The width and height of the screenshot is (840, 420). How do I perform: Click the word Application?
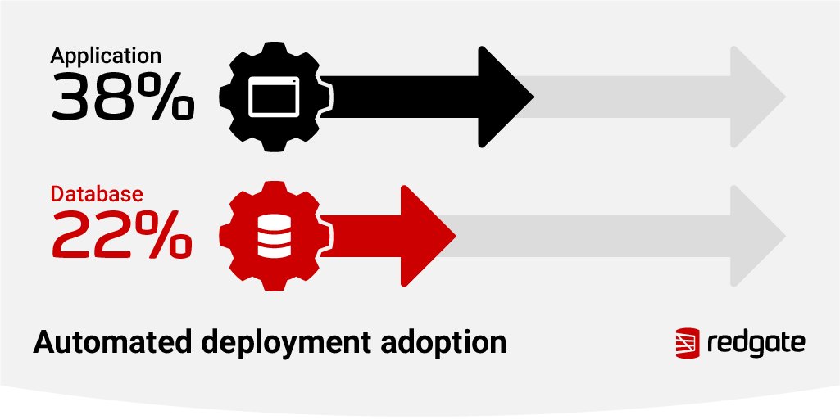[106, 56]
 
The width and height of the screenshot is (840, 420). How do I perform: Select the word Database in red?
[98, 195]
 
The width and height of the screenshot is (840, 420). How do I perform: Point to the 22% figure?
[122, 236]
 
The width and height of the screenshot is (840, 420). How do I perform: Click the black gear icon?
[274, 97]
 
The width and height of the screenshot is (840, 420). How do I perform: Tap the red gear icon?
[274, 236]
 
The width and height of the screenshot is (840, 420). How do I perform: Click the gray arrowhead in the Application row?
[754, 97]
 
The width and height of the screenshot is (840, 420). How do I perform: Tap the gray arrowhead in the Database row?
[754, 236]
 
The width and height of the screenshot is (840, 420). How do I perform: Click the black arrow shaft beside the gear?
[402, 97]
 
